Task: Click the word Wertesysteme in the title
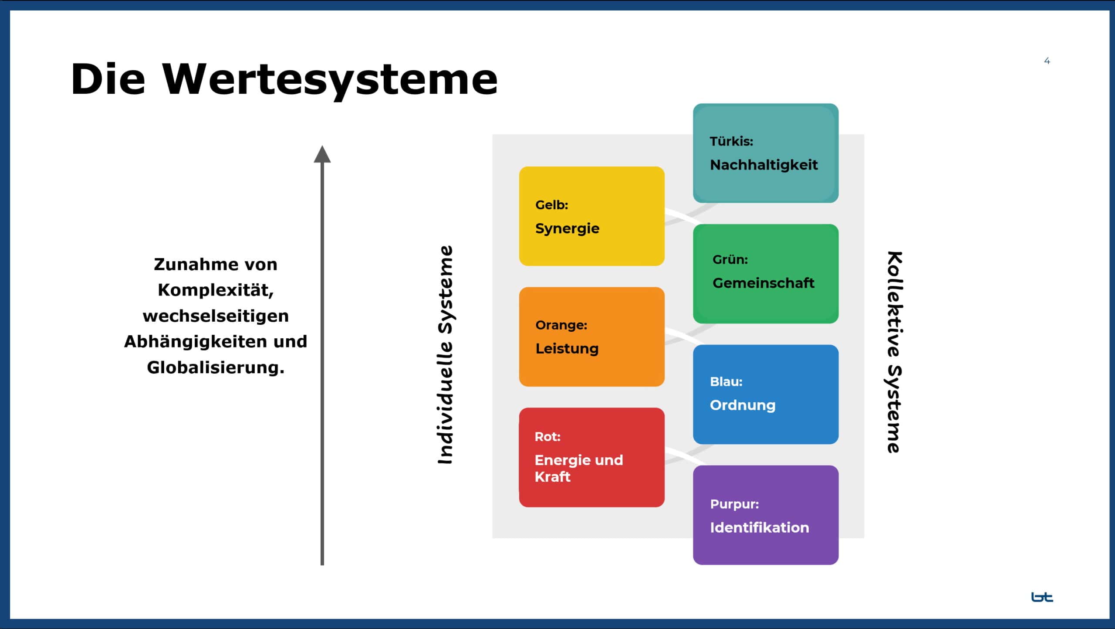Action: [x=330, y=80]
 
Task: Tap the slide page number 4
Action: [x=1047, y=61]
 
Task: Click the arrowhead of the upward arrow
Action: [x=322, y=154]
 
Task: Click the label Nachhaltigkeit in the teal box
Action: [x=764, y=165]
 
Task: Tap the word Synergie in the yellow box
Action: [x=567, y=228]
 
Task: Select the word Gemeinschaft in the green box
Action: [x=763, y=283]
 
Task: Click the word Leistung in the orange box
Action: [x=567, y=349]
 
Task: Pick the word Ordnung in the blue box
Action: [x=743, y=405]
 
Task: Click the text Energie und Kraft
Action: [x=578, y=468]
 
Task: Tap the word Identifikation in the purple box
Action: [x=759, y=527]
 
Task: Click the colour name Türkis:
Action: [x=731, y=141]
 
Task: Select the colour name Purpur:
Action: [x=734, y=504]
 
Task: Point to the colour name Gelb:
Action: [x=551, y=205]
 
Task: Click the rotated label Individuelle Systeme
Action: [x=445, y=355]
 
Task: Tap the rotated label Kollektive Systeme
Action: [x=894, y=352]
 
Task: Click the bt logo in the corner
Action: [x=1042, y=597]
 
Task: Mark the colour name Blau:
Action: [x=726, y=381]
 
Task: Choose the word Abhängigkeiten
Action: [x=196, y=341]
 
